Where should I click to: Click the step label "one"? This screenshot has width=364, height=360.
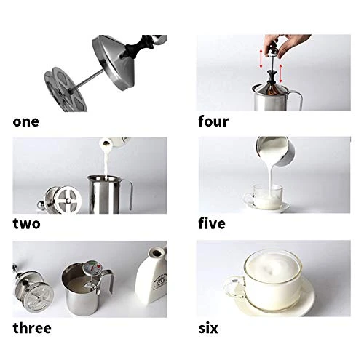25,121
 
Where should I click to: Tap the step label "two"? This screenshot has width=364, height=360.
26,224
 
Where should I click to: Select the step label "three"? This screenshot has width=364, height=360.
32,328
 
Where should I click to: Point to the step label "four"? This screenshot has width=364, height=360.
213,121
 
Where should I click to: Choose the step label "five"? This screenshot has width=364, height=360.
212,223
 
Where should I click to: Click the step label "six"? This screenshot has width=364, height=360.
208,328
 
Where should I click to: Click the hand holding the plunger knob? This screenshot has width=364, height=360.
286,44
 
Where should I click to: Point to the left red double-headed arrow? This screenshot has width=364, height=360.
261,59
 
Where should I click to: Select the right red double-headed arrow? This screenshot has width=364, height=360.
281,73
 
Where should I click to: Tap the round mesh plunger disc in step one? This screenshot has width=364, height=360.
66,90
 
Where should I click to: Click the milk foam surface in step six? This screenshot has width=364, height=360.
273,266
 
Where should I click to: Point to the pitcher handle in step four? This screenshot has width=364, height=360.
298,100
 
